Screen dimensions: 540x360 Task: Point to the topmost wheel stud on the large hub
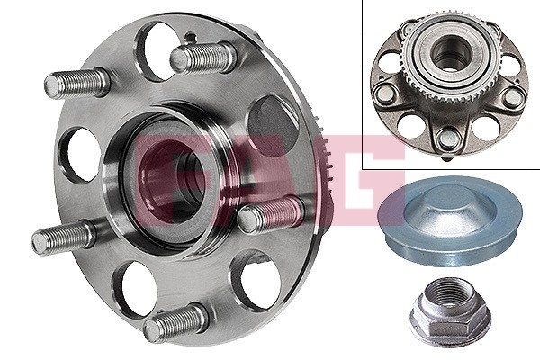coord(204,58)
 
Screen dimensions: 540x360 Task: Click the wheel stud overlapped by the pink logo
coord(271,214)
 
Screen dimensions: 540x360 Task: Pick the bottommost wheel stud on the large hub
coord(175,322)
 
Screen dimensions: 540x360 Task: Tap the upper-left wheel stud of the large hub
coord(77,84)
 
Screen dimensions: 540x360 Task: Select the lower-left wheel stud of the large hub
coord(64,237)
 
